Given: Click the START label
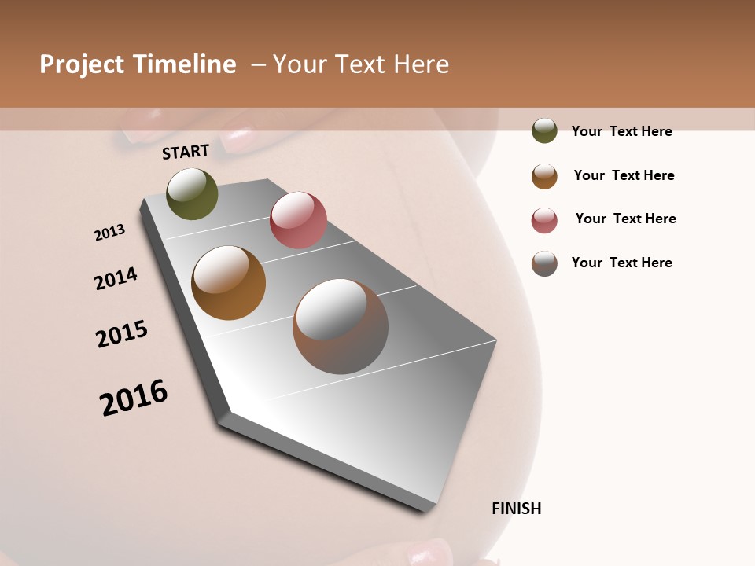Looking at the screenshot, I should [186, 152].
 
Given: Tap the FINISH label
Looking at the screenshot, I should [517, 509].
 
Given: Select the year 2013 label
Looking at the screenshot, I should [109, 233].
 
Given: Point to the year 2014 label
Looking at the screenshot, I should [116, 278].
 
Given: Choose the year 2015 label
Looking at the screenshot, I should [122, 334].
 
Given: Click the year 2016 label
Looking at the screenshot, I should [134, 398].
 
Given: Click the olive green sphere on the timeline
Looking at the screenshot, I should [192, 193].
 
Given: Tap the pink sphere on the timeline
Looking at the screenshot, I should [298, 220].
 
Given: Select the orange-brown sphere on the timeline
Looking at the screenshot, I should [228, 283].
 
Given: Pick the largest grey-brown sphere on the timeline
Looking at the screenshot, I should [340, 326].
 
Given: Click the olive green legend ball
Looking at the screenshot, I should [544, 130].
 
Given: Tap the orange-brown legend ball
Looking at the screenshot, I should [544, 176].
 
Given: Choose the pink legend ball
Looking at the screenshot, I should [544, 220].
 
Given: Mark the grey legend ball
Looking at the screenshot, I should [544, 263].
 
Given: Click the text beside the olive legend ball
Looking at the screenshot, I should [621, 131].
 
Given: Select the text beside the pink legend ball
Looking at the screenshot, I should [625, 219].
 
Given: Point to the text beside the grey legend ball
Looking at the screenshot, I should [621, 263].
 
